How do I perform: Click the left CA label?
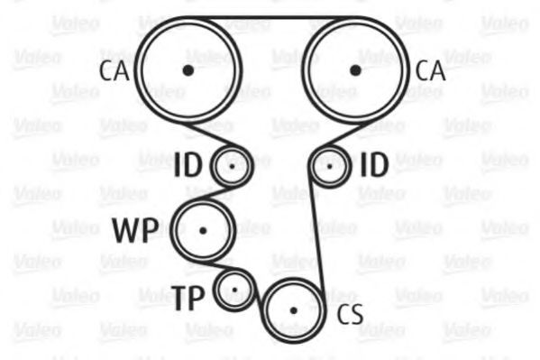click(x=114, y=71)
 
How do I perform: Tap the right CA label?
click(x=430, y=71)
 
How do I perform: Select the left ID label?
click(x=188, y=165)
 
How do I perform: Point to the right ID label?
click(x=374, y=165)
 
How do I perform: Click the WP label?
click(x=135, y=230)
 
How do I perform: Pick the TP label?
click(x=188, y=298)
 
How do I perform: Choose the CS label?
click(x=351, y=314)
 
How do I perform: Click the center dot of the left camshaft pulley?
click(x=188, y=70)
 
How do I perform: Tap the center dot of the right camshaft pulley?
click(x=355, y=70)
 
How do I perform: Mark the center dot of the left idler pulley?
click(x=232, y=167)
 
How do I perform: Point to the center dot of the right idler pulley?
click(x=330, y=167)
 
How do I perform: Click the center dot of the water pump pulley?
click(x=203, y=231)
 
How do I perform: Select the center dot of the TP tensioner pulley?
click(x=235, y=290)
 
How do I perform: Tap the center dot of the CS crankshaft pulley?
click(x=293, y=310)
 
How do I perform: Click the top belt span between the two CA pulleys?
click(x=271, y=17)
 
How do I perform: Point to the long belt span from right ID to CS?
click(x=316, y=235)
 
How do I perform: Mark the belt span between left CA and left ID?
click(x=210, y=134)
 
